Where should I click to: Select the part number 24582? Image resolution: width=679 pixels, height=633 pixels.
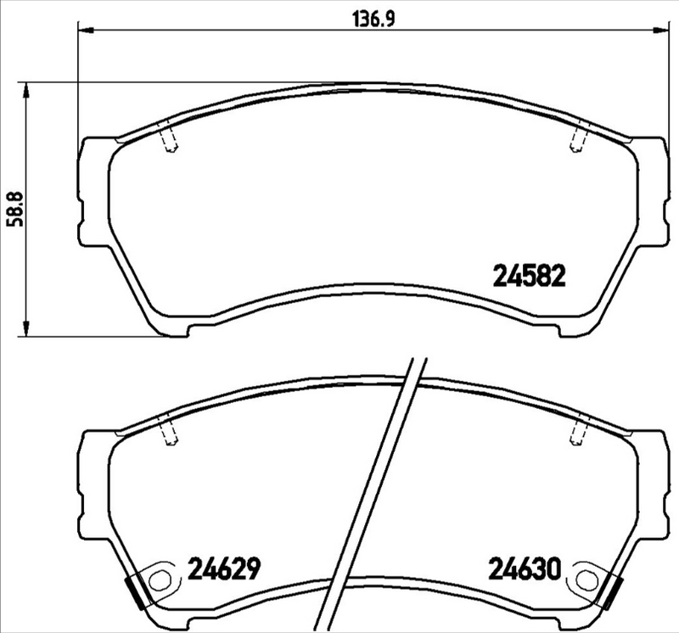click(529, 276)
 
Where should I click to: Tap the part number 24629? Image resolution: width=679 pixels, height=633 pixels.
click(222, 568)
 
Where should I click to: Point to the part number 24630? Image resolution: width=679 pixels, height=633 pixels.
click(524, 568)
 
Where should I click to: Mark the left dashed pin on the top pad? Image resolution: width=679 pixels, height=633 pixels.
click(169, 139)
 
